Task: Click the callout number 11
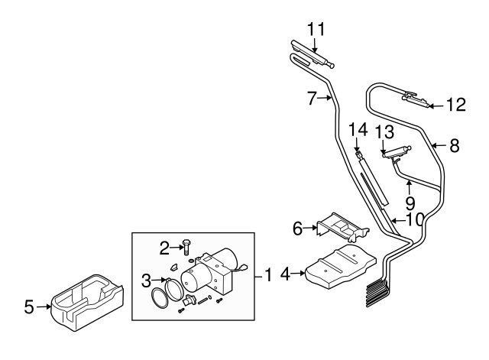tap(316, 29)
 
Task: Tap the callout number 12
tap(455, 105)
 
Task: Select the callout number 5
tap(29, 308)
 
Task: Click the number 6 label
tap(298, 227)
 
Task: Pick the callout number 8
tap(455, 145)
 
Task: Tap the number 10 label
tap(414, 219)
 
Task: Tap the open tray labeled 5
tap(84, 305)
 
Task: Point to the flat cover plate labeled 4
tap(344, 268)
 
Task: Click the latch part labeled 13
tap(396, 153)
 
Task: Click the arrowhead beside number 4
tap(305, 271)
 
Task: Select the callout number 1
tap(268, 272)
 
